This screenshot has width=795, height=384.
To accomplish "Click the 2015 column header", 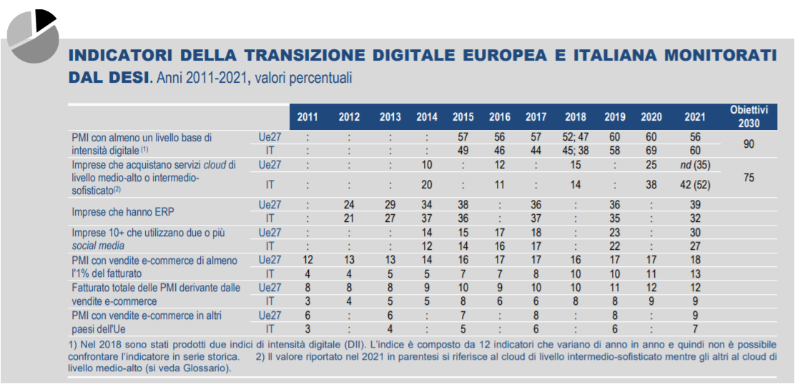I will point(463,117).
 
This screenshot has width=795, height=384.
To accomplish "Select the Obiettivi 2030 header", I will point(749,116).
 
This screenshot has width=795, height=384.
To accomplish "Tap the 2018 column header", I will point(576,117).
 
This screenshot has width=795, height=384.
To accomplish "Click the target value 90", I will point(749,144).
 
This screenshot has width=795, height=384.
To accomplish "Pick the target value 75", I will point(749,178).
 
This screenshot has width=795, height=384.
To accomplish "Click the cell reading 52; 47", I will point(576,137).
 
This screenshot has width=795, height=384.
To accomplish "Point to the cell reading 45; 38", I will point(576,151).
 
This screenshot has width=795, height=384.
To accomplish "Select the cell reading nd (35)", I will point(691,164).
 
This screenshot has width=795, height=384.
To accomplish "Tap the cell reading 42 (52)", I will point(691,185).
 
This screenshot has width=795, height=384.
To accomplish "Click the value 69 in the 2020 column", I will point(651,151).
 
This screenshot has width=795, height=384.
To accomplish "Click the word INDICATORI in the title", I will point(116,55).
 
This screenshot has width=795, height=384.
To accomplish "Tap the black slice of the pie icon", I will point(44,19).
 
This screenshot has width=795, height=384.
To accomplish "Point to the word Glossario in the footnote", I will point(200,368).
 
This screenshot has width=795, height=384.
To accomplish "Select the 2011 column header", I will point(307,117).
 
